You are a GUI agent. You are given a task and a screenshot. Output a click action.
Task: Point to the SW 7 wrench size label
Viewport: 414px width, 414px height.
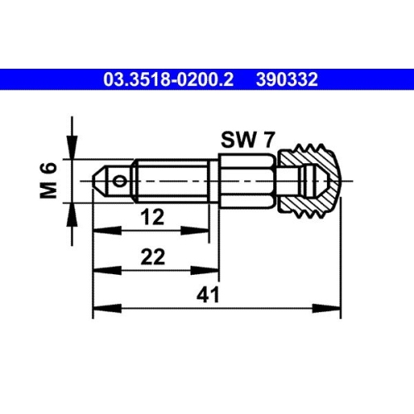tap(247, 140)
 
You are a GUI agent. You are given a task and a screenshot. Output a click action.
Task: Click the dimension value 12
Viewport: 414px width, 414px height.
tap(151, 218)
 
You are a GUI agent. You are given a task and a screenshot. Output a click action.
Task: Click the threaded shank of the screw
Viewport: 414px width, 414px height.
tap(170, 178)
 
